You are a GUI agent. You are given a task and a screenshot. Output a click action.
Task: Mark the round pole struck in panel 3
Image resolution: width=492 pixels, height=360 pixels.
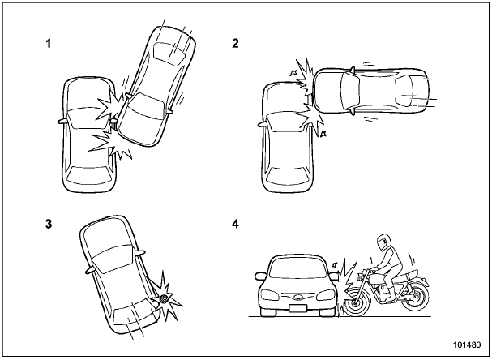[x=163, y=299]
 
